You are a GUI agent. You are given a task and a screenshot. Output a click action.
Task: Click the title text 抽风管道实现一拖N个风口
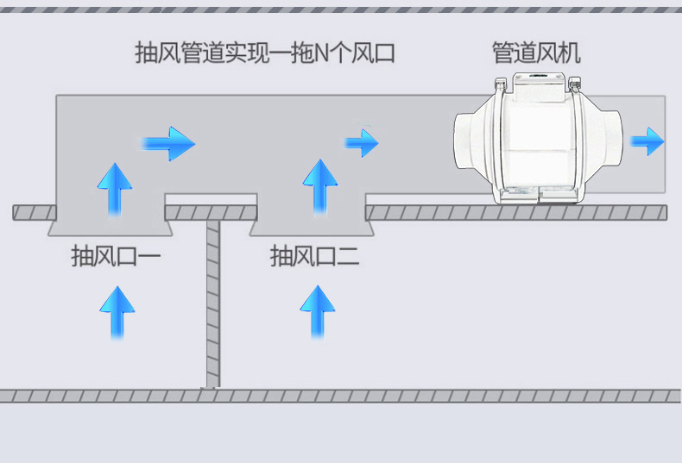(265, 53)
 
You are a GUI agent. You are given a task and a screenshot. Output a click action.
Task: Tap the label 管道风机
(536, 53)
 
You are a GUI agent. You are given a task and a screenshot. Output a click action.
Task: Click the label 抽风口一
(116, 257)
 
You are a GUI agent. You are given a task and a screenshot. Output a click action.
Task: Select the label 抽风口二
(315, 257)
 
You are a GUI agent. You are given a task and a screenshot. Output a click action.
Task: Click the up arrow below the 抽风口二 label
(316, 312)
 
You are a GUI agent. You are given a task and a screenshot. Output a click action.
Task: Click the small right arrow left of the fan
(362, 141)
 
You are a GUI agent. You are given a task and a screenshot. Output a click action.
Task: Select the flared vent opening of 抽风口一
(110, 228)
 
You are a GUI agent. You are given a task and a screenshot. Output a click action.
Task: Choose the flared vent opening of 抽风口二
(312, 228)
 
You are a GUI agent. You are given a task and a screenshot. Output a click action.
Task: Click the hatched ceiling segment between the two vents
(211, 212)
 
